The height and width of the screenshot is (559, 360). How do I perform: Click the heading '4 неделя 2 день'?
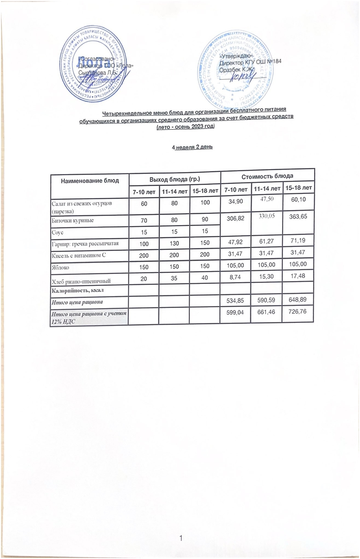click(x=192, y=147)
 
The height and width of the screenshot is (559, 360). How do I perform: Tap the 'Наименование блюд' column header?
click(x=90, y=181)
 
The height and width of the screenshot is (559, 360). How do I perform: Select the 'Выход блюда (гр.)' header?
click(x=175, y=179)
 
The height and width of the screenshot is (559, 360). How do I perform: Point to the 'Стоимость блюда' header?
click(x=267, y=176)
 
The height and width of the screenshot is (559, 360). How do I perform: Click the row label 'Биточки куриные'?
click(x=73, y=220)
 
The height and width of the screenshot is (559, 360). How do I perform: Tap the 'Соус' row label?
click(x=58, y=232)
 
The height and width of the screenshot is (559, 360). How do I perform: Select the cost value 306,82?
click(x=235, y=218)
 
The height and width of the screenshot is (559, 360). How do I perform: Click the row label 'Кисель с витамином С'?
click(x=79, y=255)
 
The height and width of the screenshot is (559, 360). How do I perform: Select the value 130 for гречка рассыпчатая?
click(x=174, y=244)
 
